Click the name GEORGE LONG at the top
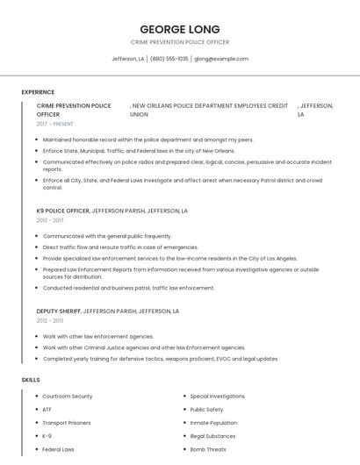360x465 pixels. [x=179, y=29]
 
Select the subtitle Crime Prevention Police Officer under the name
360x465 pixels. [x=179, y=42]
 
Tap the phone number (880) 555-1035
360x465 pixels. [x=169, y=59]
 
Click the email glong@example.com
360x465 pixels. [x=221, y=59]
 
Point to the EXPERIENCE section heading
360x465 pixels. [x=38, y=92]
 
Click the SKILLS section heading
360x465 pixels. [x=30, y=380]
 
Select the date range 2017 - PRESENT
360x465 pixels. [x=54, y=124]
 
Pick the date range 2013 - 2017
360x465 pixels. [x=50, y=220]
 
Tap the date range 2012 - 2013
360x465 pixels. [x=50, y=320]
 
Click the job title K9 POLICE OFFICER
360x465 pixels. [x=62, y=211]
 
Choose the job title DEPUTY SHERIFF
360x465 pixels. [x=59, y=311]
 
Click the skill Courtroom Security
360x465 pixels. [x=68, y=397]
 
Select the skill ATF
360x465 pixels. [x=47, y=410]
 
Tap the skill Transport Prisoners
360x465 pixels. [x=66, y=423]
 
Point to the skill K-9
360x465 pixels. [x=47, y=436]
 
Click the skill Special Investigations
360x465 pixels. [x=217, y=397]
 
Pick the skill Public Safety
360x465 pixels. [x=206, y=410]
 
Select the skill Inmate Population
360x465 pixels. [x=213, y=423]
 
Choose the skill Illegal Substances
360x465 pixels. [x=212, y=436]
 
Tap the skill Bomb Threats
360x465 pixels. [x=208, y=449]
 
